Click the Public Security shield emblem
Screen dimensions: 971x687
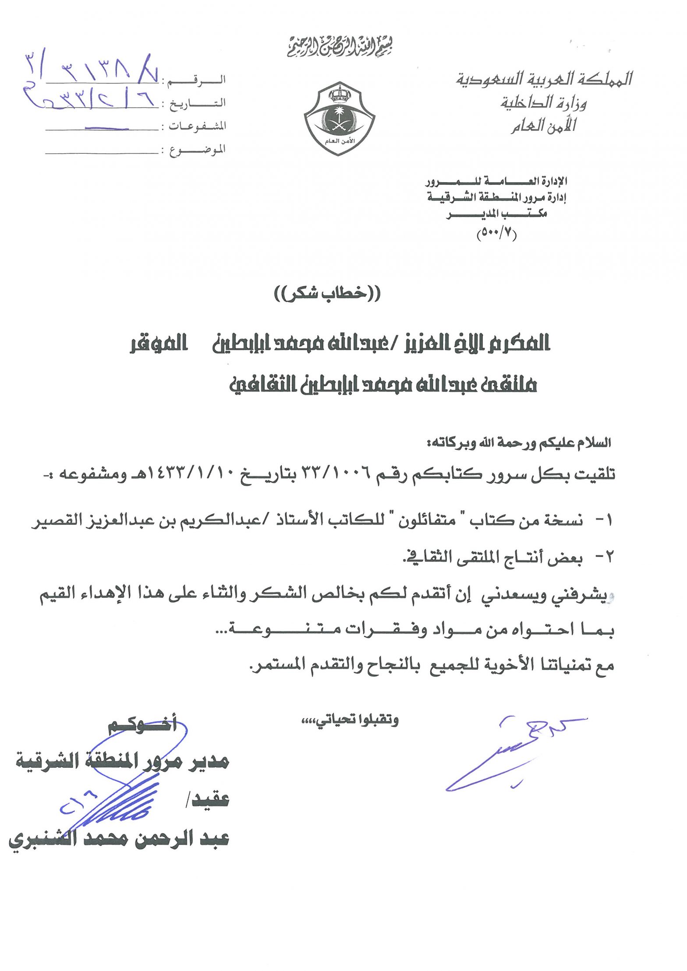pyautogui.click(x=339, y=118)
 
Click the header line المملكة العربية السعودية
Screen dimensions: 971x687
pyautogui.click(x=544, y=79)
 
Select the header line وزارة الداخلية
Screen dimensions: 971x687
pyautogui.click(x=543, y=103)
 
